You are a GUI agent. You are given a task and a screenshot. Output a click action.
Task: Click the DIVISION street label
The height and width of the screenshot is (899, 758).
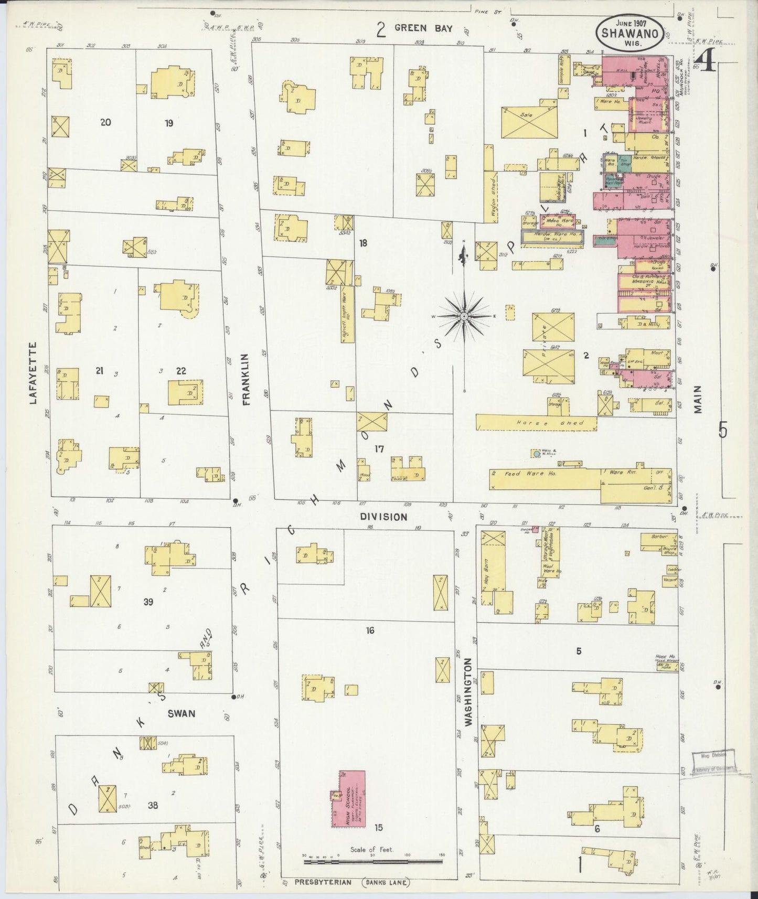(x=383, y=517)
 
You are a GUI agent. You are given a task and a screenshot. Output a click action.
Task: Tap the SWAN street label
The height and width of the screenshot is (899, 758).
(x=182, y=713)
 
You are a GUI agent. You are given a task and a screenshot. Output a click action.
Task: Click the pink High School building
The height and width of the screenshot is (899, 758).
(x=348, y=798)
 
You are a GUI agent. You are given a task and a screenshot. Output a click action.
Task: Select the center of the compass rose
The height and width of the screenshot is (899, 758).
(x=464, y=317)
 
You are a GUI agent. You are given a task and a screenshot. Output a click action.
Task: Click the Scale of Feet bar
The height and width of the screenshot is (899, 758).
(x=372, y=861)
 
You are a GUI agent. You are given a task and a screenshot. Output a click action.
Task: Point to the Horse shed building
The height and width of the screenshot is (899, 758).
(x=536, y=423)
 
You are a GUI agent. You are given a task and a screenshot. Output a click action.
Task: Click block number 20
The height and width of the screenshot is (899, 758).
(x=105, y=122)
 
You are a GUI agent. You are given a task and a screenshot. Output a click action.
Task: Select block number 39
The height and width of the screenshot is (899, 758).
(x=148, y=602)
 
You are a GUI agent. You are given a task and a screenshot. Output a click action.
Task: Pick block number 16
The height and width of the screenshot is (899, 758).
(x=370, y=630)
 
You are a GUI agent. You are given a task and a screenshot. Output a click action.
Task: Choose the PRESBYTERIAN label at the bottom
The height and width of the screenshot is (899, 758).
(x=322, y=882)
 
